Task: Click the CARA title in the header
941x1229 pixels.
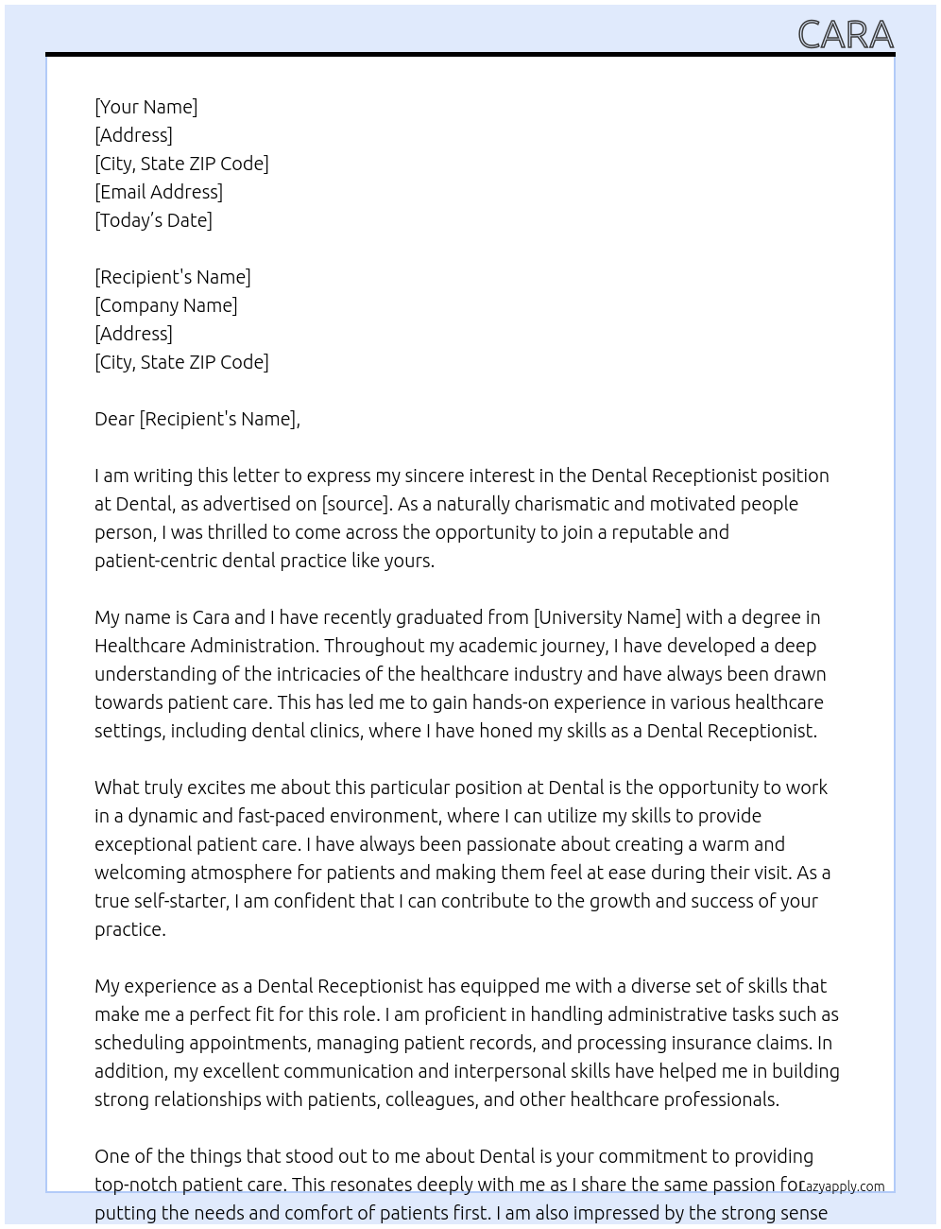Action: click(845, 34)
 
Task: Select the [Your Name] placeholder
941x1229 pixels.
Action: click(145, 107)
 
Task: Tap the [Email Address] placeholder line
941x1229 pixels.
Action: click(159, 192)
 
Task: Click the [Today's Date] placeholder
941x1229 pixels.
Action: click(153, 220)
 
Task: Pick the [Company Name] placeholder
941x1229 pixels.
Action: click(166, 305)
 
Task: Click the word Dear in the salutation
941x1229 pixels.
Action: click(114, 419)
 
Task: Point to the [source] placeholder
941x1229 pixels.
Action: click(356, 504)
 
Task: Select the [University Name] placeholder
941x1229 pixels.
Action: click(607, 617)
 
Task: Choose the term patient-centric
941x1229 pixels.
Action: click(156, 561)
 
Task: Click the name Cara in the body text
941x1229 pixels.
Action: click(211, 617)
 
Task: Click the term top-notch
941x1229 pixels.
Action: click(134, 1185)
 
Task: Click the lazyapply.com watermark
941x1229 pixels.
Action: click(842, 1186)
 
